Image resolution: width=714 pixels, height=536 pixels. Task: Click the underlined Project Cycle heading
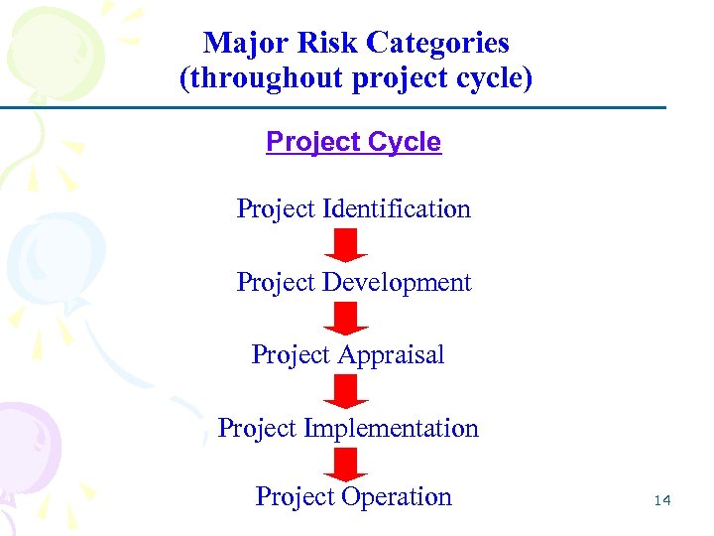click(x=353, y=142)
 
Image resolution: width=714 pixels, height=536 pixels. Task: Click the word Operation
click(x=396, y=496)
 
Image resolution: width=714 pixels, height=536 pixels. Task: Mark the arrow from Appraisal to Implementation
click(x=346, y=391)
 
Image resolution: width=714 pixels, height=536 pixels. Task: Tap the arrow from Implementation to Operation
click(x=346, y=464)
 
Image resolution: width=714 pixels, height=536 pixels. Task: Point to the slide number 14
click(x=662, y=501)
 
